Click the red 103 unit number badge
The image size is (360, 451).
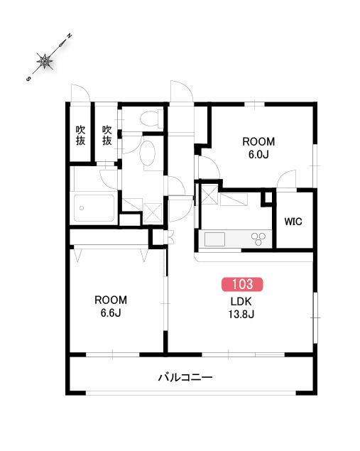pyautogui.click(x=242, y=284)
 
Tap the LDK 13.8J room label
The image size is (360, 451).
pyautogui.click(x=241, y=308)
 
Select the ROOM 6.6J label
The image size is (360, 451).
pyautogui.click(x=111, y=306)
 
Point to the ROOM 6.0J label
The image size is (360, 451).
pyautogui.click(x=258, y=148)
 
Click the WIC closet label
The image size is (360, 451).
pyautogui.click(x=293, y=222)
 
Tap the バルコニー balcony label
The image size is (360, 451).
pyautogui.click(x=185, y=377)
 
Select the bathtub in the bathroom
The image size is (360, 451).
pyautogui.click(x=94, y=208)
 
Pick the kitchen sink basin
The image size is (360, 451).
pyautogui.click(x=214, y=239)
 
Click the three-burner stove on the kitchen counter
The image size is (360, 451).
pyautogui.click(x=258, y=239)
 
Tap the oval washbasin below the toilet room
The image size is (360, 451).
pyautogui.click(x=148, y=153)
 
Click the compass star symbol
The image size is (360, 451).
pyautogui.click(x=45, y=61)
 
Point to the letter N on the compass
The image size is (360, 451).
pyautogui.click(x=69, y=36)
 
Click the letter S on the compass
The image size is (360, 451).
pyautogui.click(x=28, y=79)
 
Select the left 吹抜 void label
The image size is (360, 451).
pyautogui.click(x=80, y=135)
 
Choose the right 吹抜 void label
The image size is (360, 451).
pyautogui.click(x=107, y=135)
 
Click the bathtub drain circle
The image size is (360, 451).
pyautogui.click(x=82, y=208)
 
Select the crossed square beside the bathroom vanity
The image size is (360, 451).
pyautogui.click(x=151, y=213)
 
